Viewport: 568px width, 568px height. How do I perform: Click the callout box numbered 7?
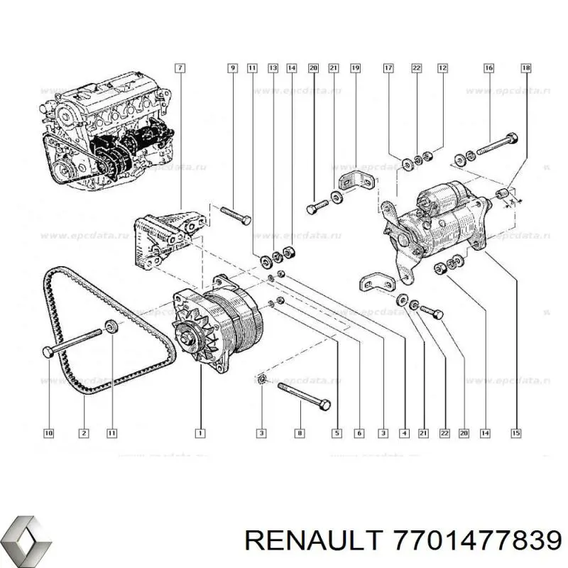[180, 68]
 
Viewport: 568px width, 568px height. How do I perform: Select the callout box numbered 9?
[232, 68]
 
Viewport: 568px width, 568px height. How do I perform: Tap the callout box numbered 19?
[355, 68]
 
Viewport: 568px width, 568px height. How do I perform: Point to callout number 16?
[488, 68]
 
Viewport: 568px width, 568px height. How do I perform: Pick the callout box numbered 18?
[526, 68]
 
